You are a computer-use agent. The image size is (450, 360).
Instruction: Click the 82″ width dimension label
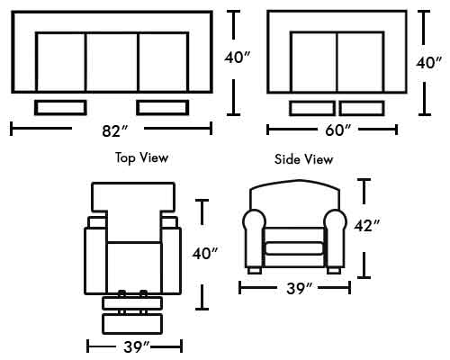point(115,130)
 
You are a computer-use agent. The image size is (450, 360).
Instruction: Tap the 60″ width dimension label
point(338,130)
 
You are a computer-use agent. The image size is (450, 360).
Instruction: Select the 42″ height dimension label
point(367,226)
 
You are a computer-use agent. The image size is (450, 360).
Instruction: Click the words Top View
point(141,157)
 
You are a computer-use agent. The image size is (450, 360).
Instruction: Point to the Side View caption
point(303,159)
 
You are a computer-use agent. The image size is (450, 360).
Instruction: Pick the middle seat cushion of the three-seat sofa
point(112,62)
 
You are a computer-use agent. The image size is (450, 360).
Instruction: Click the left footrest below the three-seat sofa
point(60,108)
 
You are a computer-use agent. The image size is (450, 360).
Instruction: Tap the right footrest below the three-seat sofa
point(163,108)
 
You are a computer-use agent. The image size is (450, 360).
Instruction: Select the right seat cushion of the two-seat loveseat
point(361,62)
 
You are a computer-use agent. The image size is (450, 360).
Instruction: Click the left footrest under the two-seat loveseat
point(312,108)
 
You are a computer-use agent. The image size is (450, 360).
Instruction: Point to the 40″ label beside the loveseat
point(428,63)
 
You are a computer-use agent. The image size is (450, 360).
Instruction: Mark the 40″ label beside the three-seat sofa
point(238,58)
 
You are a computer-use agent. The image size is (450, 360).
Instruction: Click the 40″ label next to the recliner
point(205,254)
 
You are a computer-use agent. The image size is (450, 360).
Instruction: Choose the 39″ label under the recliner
point(137,347)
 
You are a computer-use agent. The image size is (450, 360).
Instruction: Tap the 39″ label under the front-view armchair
point(300,288)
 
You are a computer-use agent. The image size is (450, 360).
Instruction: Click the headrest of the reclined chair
point(133,197)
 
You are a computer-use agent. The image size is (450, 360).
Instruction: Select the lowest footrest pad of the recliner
point(132,324)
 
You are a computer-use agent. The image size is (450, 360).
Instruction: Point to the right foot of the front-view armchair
point(334,271)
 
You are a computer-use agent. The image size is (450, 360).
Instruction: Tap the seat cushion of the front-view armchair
point(294,248)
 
